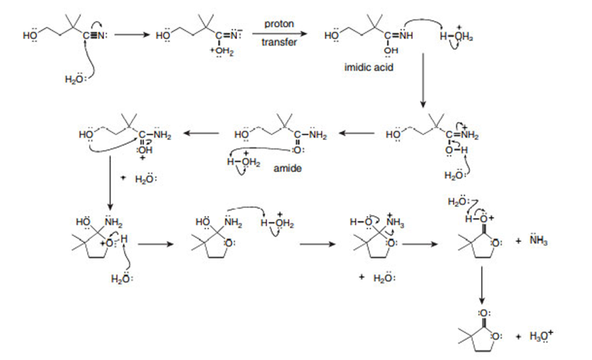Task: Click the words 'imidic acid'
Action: coord(369,68)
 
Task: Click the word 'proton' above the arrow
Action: coord(279,24)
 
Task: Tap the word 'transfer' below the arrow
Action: coord(279,43)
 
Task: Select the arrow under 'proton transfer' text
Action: coord(279,34)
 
